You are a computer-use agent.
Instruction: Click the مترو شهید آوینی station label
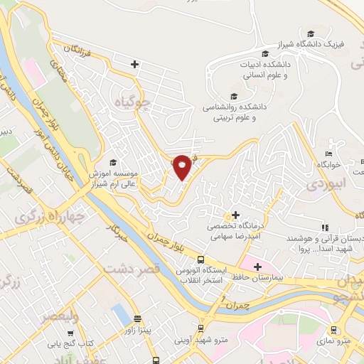point(201,340)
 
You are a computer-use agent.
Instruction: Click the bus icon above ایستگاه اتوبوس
point(201,260)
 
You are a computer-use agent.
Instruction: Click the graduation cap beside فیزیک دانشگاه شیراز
point(310,33)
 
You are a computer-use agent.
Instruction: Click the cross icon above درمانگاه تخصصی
point(236,215)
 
